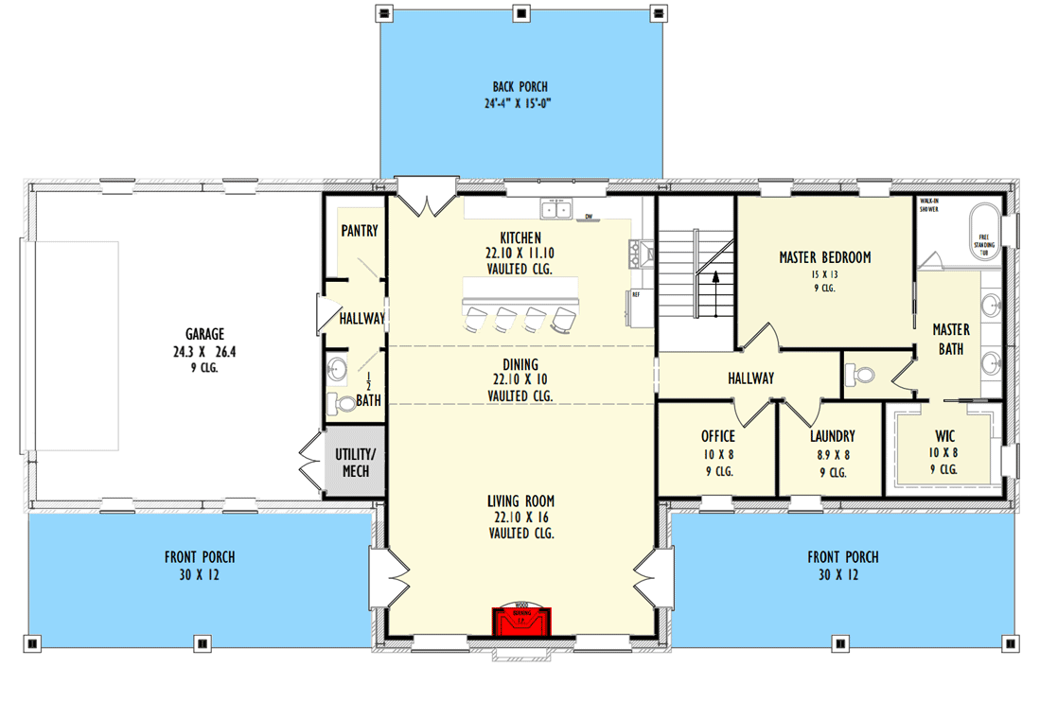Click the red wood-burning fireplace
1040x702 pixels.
coord(521,622)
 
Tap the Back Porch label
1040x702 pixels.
coord(520,87)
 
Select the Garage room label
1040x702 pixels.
coord(204,334)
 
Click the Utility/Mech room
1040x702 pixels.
coord(353,462)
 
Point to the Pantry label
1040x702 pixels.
coord(359,230)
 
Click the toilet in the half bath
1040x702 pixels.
coord(343,404)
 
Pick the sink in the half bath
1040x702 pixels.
coord(337,367)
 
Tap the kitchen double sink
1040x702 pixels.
coord(556,209)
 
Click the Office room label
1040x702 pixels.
coord(718,436)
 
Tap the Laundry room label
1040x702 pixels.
coord(832,436)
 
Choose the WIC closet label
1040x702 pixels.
coord(944,436)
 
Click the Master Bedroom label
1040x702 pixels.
coord(824,257)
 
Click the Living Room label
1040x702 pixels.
coord(520,501)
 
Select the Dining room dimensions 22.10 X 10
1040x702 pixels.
coord(520,379)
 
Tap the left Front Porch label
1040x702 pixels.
coord(199,557)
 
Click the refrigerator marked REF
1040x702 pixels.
coord(638,307)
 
